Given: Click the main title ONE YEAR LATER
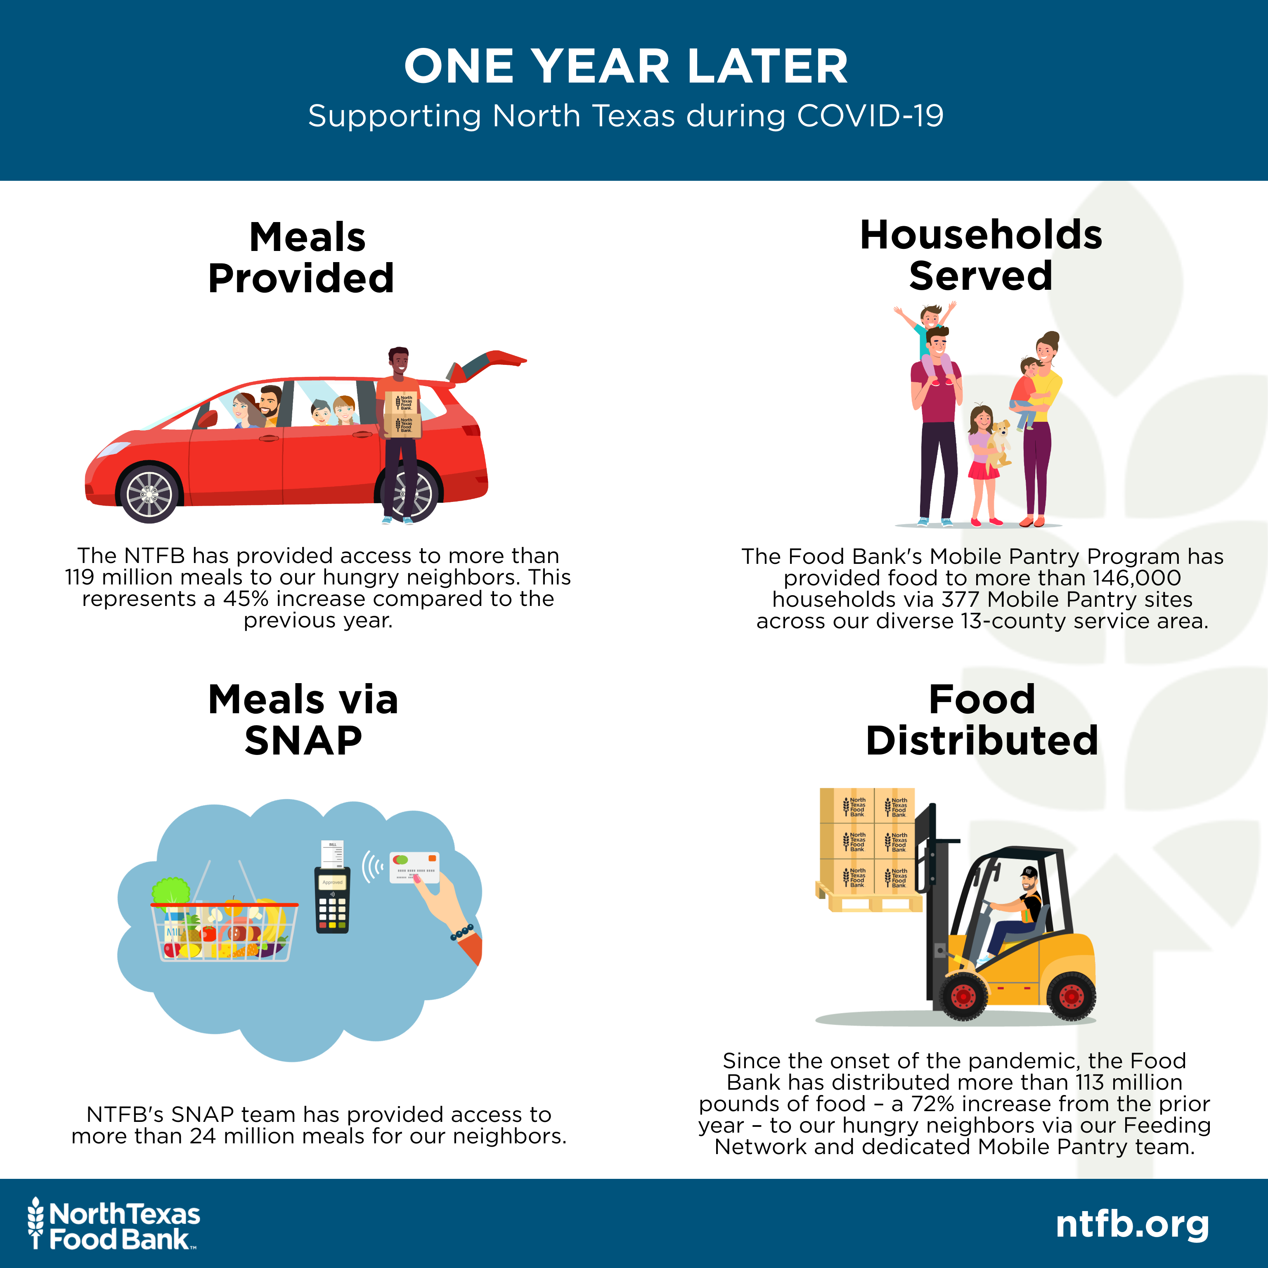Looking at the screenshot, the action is point(626,66).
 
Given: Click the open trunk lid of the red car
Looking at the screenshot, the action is point(487,365).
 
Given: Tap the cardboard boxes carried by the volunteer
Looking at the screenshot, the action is point(402,414).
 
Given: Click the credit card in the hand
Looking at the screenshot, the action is point(414,868).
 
